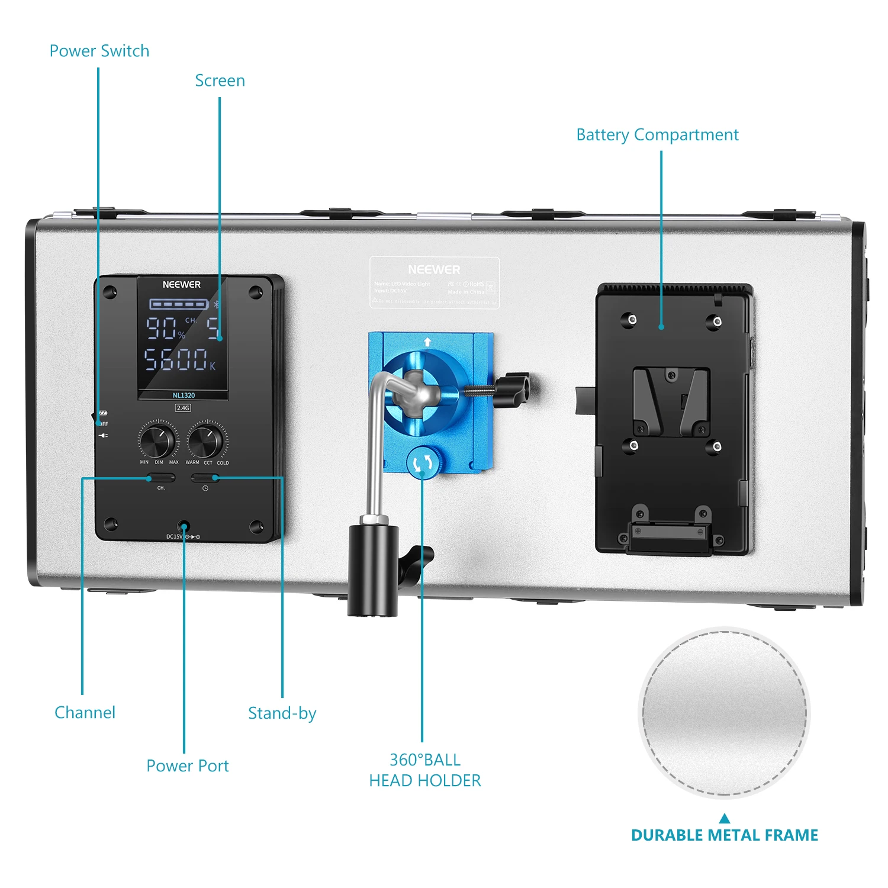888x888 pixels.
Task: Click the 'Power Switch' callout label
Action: click(x=99, y=52)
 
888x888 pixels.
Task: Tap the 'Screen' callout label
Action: click(x=220, y=81)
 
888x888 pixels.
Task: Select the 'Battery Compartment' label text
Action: click(x=657, y=135)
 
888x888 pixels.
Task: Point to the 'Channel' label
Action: click(x=85, y=712)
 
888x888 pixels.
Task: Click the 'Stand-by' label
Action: click(x=282, y=713)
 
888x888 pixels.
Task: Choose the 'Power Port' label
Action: click(x=187, y=765)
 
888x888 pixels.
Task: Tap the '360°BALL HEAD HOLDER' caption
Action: click(x=424, y=770)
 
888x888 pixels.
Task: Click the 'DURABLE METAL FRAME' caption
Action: click(x=724, y=835)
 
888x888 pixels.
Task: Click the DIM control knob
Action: click(x=158, y=439)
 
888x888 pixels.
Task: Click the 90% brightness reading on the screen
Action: click(x=165, y=328)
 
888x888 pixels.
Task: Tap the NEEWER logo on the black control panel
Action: click(x=182, y=285)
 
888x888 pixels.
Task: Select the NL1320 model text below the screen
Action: click(x=184, y=395)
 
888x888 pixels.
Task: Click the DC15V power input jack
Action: click(x=184, y=526)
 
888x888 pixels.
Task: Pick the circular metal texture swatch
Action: click(x=724, y=713)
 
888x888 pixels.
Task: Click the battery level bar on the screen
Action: click(x=179, y=304)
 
